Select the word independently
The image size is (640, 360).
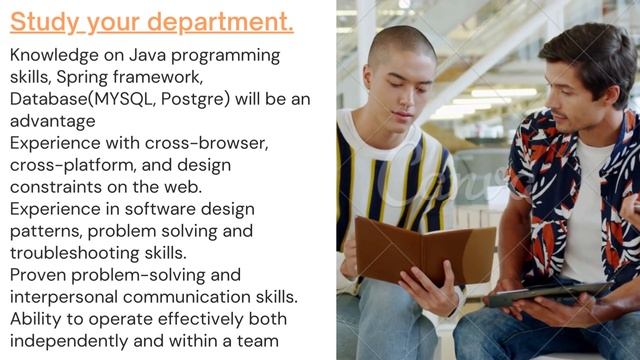[x=70, y=341]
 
